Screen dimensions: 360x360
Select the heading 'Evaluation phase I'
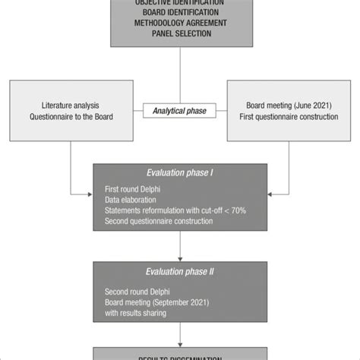click(180, 172)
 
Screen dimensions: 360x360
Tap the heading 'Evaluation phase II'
click(180, 271)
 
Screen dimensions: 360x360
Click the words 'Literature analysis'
click(70, 106)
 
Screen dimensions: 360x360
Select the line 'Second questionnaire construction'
click(159, 221)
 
